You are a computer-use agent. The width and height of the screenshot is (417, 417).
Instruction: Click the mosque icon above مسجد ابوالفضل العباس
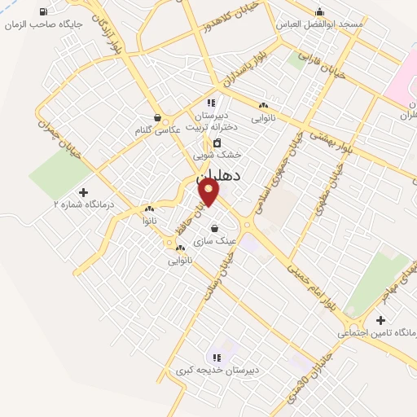319,11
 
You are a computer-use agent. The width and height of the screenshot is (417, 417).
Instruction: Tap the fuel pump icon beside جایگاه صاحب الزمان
43,11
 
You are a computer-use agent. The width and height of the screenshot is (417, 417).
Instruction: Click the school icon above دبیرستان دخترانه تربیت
211,103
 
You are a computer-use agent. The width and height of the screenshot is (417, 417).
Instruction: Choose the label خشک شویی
213,155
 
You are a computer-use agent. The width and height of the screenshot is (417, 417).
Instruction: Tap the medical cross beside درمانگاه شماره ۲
83,192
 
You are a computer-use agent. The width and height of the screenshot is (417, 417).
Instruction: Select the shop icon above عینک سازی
214,228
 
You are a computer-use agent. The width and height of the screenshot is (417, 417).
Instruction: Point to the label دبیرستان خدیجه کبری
217,371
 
